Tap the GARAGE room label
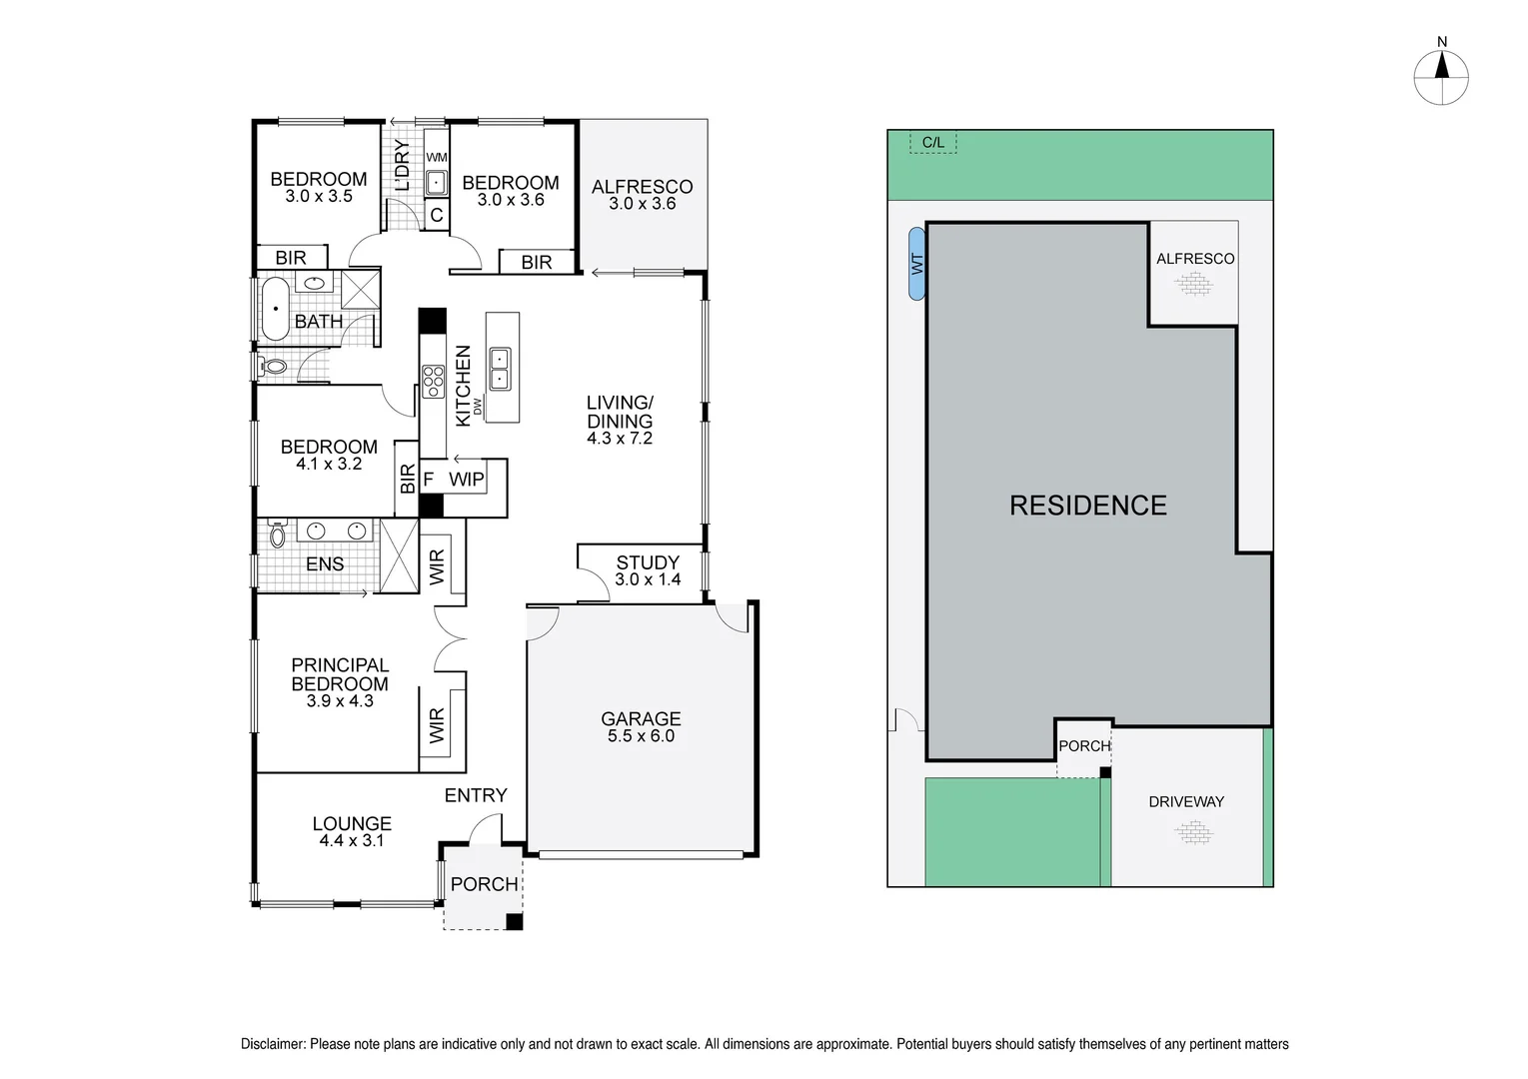click(x=641, y=718)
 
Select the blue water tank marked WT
click(x=916, y=264)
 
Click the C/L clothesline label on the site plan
click(x=932, y=143)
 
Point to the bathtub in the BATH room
click(x=274, y=309)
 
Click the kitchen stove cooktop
click(x=433, y=381)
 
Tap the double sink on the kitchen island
click(x=499, y=368)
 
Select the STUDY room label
click(x=648, y=562)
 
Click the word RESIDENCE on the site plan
click(x=1087, y=506)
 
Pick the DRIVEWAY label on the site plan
click(x=1185, y=801)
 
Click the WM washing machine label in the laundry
click(x=437, y=158)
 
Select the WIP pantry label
click(x=466, y=480)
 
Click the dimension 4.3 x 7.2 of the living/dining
click(x=620, y=439)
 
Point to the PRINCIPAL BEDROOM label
click(x=340, y=674)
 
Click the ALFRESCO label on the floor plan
click(x=642, y=187)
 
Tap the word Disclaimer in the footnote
click(x=273, y=1044)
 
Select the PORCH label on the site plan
click(x=1084, y=745)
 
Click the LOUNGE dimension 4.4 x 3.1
click(x=351, y=841)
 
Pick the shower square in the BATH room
click(x=361, y=289)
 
